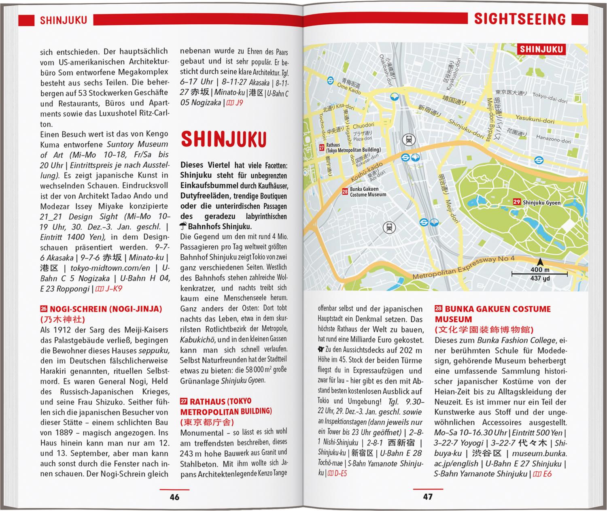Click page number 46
[x=174, y=497]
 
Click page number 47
[x=428, y=496]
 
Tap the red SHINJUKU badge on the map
[x=541, y=49]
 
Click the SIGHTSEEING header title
[x=520, y=19]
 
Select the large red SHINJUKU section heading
[x=223, y=139]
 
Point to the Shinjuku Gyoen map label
[x=541, y=202]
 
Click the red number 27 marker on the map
[x=321, y=148]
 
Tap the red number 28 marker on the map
[x=345, y=192]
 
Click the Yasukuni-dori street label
[x=535, y=119]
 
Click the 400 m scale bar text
[x=540, y=270]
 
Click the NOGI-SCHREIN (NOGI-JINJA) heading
[x=105, y=309]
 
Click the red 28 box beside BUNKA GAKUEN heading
[x=438, y=309]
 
